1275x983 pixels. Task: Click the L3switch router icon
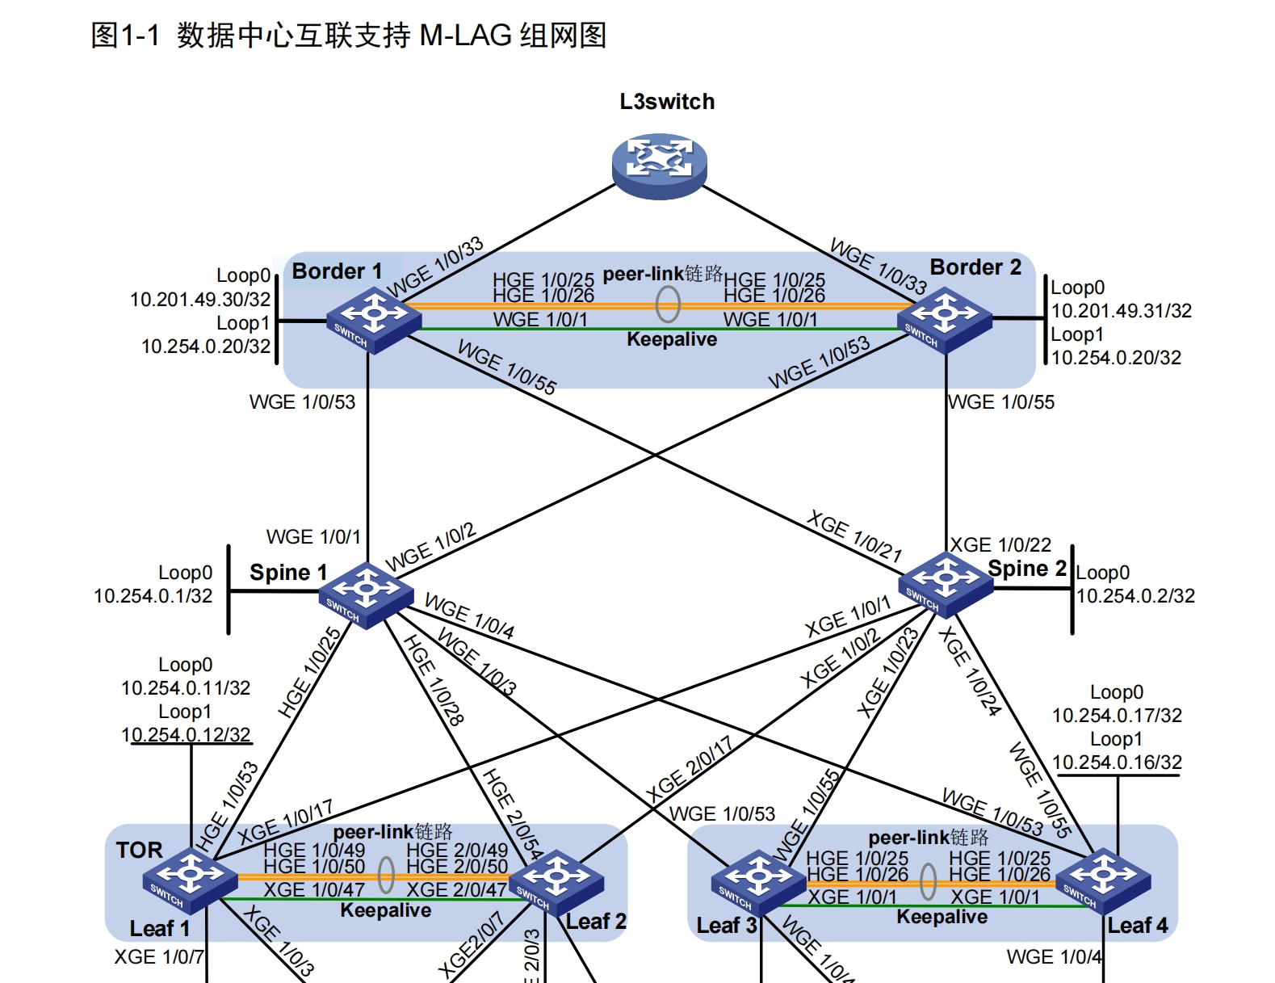coord(659,165)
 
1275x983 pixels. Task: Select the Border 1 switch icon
coord(373,319)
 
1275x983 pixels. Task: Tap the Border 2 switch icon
coord(944,319)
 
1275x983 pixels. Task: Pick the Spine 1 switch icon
coord(365,594)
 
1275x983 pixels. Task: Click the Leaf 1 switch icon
coord(191,879)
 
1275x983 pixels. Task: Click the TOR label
coord(139,850)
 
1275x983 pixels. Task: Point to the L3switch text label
coord(667,102)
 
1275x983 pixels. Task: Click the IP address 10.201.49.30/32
coord(200,300)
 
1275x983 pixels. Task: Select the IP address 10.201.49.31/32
coord(1121,311)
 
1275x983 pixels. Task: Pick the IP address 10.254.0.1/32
coord(153,596)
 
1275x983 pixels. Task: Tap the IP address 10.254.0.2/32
coord(1135,596)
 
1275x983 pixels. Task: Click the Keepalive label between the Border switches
coord(672,339)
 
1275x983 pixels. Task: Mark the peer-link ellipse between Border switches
coord(668,305)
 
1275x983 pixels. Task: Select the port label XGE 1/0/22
coord(1000,545)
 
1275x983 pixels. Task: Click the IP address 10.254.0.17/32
coord(1117,716)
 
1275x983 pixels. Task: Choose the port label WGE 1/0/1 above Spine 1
coord(313,537)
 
